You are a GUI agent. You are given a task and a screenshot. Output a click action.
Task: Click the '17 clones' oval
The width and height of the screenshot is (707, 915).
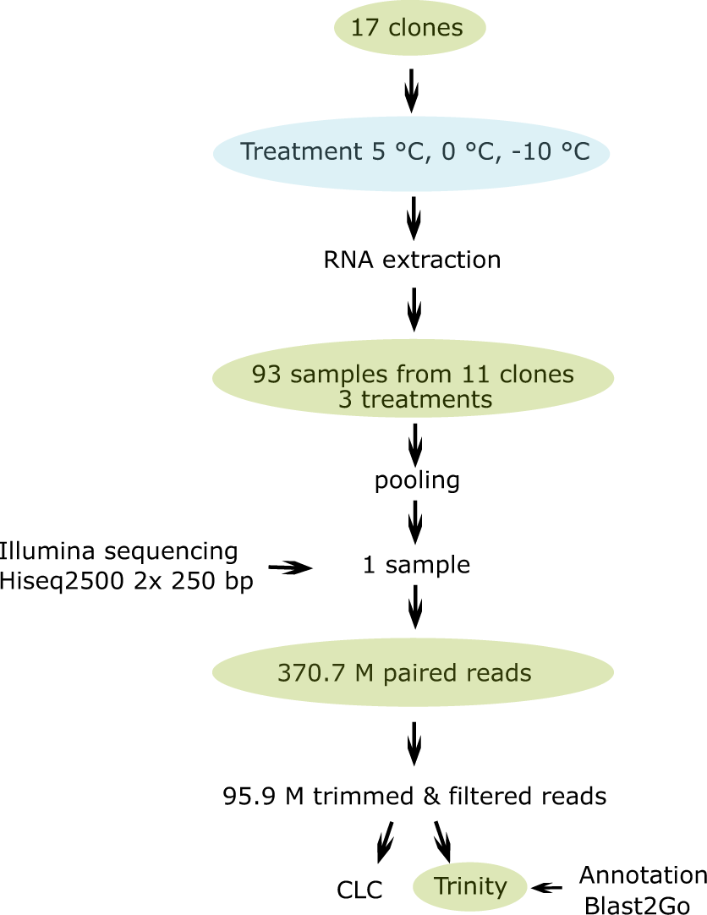coord(409,29)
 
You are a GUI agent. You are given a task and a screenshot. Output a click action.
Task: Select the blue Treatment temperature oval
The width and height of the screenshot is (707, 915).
coord(412,152)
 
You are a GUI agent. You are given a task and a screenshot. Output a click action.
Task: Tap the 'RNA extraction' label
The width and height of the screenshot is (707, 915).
coord(412,260)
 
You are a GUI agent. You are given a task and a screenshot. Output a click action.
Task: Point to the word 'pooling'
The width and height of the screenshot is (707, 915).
coord(417,481)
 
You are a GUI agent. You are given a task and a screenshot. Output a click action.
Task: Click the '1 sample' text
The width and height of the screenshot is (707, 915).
coord(416,564)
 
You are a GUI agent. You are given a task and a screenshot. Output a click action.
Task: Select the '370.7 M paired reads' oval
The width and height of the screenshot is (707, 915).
coord(413,673)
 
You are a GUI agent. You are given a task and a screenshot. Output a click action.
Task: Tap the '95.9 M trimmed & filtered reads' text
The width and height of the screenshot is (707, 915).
coord(414,796)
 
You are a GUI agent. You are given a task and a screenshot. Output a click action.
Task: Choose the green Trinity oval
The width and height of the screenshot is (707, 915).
coord(470,886)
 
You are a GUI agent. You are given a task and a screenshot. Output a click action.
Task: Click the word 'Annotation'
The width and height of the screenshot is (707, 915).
coord(643,874)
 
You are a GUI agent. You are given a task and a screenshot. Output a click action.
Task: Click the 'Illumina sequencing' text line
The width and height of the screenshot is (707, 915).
coord(119,551)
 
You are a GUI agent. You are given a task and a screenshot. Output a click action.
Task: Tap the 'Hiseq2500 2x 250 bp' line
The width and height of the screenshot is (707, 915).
coord(128,582)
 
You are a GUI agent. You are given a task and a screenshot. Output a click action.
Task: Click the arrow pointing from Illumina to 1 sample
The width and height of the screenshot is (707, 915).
coord(290,569)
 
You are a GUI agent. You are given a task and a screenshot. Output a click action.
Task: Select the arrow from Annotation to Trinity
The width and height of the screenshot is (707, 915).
coord(548,887)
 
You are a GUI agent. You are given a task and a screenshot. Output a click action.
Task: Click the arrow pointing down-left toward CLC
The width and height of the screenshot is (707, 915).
coord(386,842)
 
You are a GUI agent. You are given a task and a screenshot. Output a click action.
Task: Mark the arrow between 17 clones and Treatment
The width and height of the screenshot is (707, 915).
coord(412,90)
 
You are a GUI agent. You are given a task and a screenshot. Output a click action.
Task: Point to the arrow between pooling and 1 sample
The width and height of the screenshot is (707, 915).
coord(414,523)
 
